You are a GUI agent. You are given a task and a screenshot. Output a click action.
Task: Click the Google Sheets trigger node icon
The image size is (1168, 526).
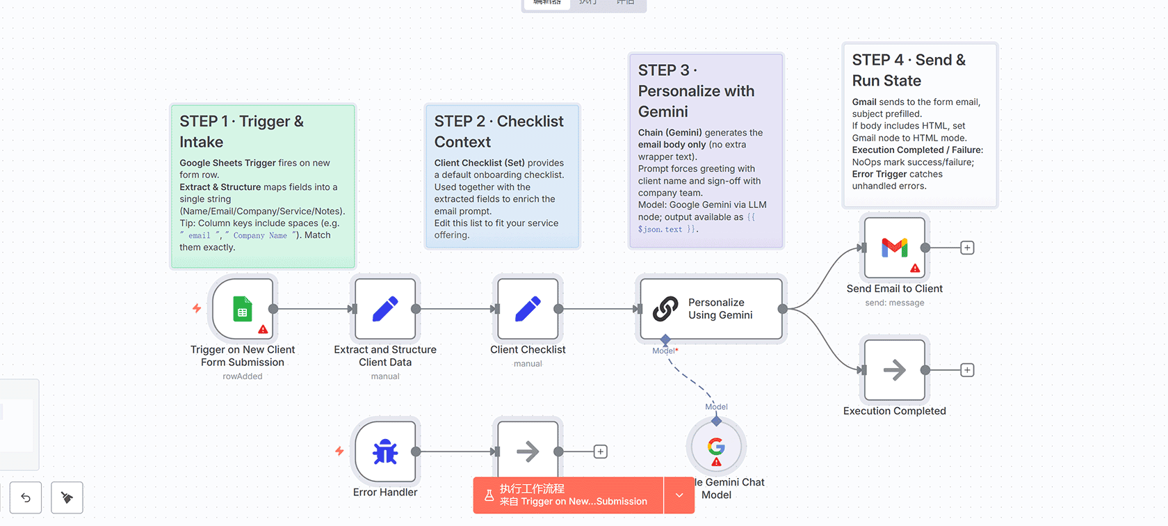click(x=243, y=309)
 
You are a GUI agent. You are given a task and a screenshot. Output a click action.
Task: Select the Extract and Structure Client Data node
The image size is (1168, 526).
click(x=385, y=309)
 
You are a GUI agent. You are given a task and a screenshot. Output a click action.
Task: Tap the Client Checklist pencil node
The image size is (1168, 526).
click(x=528, y=309)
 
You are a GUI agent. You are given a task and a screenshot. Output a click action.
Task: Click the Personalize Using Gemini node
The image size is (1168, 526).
click(x=711, y=309)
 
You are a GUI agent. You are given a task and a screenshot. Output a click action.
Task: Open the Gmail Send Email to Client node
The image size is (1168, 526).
click(x=895, y=248)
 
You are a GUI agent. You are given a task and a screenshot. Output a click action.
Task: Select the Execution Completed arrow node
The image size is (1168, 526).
click(x=895, y=370)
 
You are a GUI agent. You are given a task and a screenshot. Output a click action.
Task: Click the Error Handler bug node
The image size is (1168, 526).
click(x=385, y=452)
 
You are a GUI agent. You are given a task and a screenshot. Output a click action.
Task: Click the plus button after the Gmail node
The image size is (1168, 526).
click(x=967, y=248)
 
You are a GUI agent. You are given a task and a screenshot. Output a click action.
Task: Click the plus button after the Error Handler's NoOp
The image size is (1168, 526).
click(x=601, y=452)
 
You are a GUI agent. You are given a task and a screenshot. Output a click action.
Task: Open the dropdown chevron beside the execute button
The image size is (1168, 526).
click(x=679, y=495)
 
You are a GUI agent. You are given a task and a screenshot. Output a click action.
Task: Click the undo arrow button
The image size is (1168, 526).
click(x=26, y=497)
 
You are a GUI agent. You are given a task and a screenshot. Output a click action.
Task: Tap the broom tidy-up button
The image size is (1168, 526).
click(x=67, y=497)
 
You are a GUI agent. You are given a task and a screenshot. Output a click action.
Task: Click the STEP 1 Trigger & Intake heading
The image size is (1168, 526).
click(x=241, y=131)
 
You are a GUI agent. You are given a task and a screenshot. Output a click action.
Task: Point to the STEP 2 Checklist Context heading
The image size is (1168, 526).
click(x=498, y=131)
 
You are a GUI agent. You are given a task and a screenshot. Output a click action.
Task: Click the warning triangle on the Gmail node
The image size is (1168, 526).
click(x=915, y=269)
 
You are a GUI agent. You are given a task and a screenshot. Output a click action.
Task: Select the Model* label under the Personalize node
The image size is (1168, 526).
click(x=665, y=351)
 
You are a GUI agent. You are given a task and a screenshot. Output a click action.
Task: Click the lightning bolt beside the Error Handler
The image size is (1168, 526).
click(x=339, y=451)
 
